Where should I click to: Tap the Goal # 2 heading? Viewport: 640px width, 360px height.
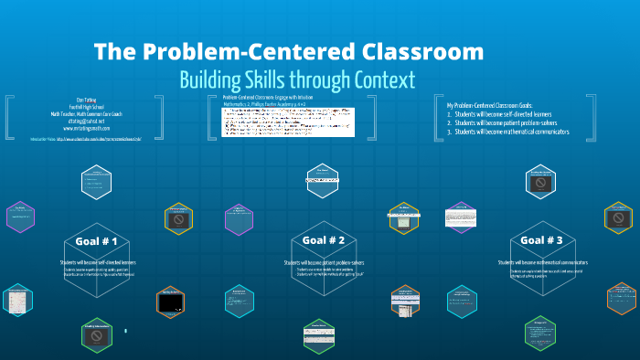(323, 240)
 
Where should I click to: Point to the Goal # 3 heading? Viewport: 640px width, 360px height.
(541, 240)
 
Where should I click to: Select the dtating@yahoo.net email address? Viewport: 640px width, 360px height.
(85, 121)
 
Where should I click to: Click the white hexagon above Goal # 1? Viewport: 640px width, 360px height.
(95, 183)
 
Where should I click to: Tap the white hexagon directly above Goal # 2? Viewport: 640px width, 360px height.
(322, 177)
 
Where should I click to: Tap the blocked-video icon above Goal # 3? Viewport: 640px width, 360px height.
(540, 183)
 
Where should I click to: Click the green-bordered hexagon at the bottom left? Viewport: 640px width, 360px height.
(96, 335)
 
